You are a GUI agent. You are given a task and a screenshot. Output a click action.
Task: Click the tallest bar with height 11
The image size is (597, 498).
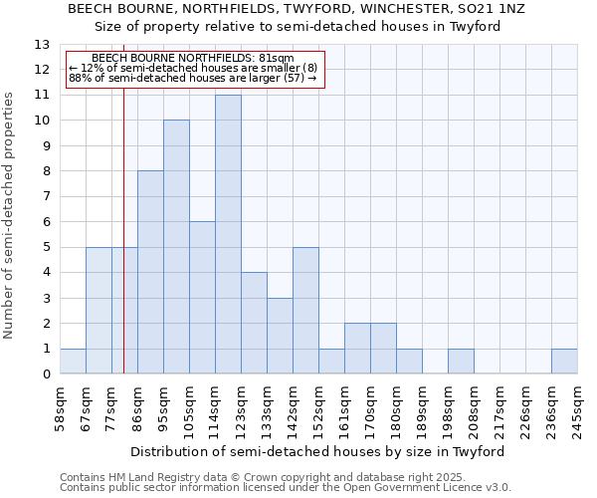[x=228, y=234]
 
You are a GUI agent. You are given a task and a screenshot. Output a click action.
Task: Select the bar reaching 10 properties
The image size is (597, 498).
[x=176, y=247]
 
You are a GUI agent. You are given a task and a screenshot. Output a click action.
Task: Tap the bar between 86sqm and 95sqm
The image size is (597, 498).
[x=150, y=272]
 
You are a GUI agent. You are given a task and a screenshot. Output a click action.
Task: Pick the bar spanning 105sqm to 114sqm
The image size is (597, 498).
[x=202, y=298]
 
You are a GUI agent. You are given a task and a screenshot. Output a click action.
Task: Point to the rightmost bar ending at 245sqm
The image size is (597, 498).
[x=564, y=362]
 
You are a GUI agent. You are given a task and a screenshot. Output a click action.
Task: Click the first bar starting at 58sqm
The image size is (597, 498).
[x=73, y=362]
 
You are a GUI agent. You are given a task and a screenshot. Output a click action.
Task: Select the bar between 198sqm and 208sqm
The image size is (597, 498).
[x=461, y=362]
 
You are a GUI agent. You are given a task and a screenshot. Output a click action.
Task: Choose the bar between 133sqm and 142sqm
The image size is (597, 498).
[x=280, y=336]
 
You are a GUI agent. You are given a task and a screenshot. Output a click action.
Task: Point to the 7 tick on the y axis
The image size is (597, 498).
[x=46, y=197]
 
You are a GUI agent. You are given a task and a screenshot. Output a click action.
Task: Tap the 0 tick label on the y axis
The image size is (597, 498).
[x=46, y=374]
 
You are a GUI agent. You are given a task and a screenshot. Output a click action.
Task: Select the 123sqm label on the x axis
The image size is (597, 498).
[x=241, y=407]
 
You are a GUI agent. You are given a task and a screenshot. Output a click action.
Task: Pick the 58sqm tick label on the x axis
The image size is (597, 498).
[x=60, y=407]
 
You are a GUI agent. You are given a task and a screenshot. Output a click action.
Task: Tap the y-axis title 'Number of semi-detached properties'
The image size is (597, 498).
[x=10, y=214]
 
